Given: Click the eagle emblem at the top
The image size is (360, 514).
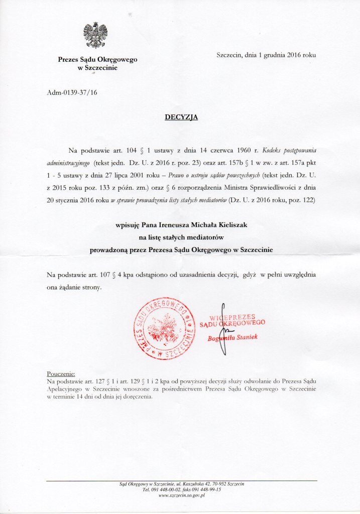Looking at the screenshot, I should (x=95, y=36).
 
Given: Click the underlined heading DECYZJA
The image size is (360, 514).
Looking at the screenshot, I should (x=181, y=117).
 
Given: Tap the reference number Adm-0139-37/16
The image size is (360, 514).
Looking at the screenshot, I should (x=70, y=93).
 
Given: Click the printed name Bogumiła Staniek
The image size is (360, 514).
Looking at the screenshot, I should (x=233, y=338).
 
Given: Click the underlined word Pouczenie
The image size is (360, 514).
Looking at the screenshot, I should (x=61, y=374).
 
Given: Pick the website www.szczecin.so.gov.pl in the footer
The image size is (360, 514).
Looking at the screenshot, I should (x=181, y=495).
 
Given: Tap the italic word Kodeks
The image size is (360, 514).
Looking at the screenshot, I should (x=273, y=150).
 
